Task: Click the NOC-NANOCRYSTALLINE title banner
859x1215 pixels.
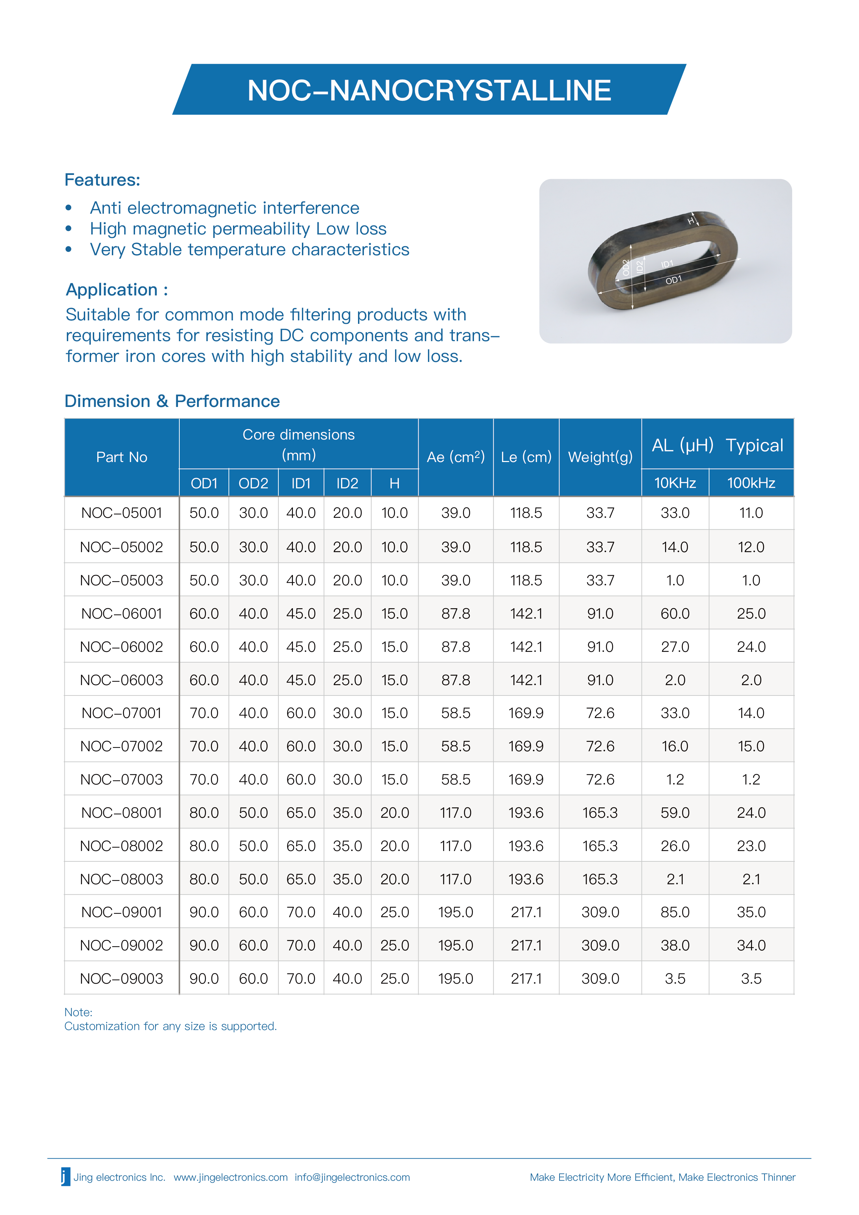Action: pos(429,90)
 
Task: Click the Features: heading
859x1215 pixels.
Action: pos(102,180)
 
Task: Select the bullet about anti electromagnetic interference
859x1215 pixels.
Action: pos(224,208)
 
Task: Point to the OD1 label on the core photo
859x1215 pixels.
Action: pos(673,280)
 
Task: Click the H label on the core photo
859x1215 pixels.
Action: pos(691,221)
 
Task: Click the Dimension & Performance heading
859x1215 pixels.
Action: pos(172,401)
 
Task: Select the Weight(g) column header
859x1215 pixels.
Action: pos(600,457)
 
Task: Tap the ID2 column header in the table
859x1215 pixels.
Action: pos(347,483)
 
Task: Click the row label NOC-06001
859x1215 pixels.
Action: pos(122,613)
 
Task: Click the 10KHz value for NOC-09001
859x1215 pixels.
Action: pos(675,912)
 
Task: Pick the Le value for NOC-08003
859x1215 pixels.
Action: pos(526,879)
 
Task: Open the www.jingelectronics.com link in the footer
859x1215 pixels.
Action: pos(231,1178)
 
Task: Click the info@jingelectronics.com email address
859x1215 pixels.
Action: pos(352,1178)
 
